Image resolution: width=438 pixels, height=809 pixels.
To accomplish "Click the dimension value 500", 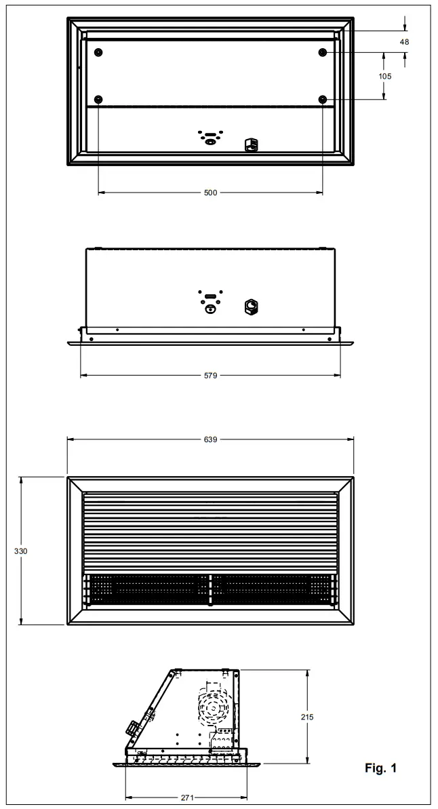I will pyautogui.click(x=210, y=193).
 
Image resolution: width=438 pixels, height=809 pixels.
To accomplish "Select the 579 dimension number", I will pyautogui.click(x=210, y=375).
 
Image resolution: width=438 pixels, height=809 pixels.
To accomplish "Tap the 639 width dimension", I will pyautogui.click(x=210, y=439).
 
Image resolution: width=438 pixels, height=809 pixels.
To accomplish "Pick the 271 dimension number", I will pyautogui.click(x=187, y=798).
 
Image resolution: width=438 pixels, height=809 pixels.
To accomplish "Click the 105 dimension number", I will pyautogui.click(x=384, y=77).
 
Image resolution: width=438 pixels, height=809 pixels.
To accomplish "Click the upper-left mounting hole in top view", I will pyautogui.click(x=99, y=53).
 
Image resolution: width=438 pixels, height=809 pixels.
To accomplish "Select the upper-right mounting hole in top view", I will pyautogui.click(x=322, y=53).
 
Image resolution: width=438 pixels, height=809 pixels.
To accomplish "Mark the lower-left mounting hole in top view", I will pyautogui.click(x=99, y=100).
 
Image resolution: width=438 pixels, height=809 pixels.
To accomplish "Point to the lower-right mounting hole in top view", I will pyautogui.click(x=322, y=100).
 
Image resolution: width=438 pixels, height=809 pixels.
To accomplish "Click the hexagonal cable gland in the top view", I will pyautogui.click(x=250, y=144).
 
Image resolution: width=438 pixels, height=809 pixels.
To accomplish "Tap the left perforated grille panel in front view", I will pyautogui.click(x=145, y=588).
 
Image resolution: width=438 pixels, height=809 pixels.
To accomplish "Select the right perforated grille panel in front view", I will pyautogui.click(x=274, y=588).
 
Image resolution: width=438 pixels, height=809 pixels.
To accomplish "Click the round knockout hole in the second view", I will pyautogui.click(x=210, y=309).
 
